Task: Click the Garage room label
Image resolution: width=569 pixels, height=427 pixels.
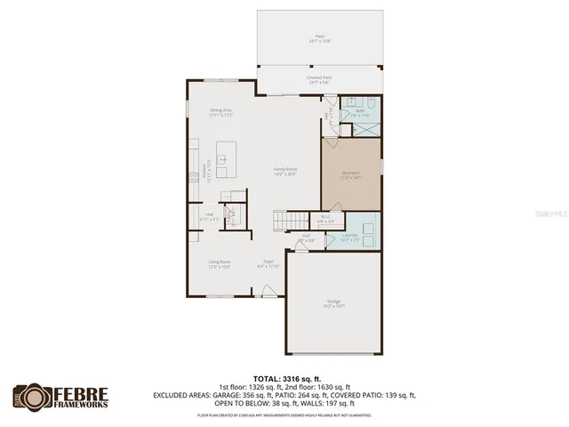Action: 334,303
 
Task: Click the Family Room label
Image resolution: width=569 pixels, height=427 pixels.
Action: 284,171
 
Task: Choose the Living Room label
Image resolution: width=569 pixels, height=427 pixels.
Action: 220,262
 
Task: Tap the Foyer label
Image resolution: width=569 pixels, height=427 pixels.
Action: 268,262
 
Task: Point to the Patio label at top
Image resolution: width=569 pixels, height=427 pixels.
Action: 319,38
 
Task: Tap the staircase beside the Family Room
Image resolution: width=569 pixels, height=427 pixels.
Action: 284,218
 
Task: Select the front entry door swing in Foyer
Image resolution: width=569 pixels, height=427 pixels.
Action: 267,290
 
